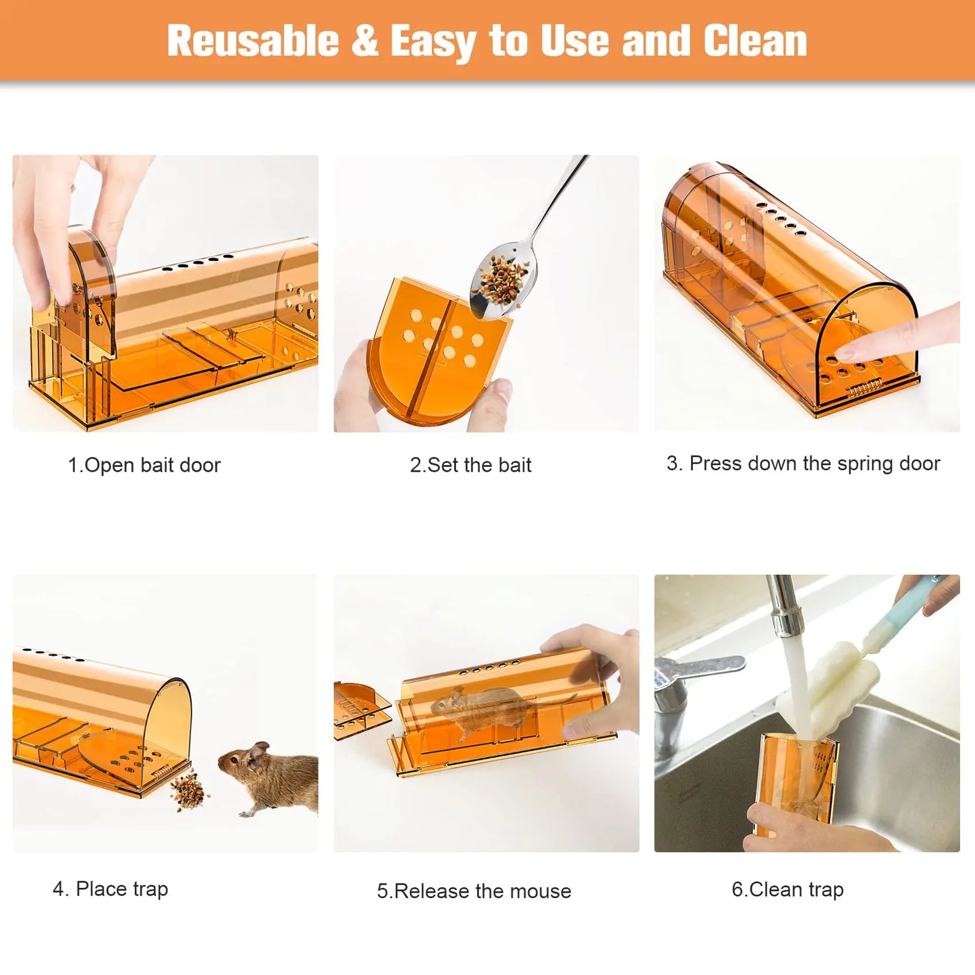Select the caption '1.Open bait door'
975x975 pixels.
click(x=144, y=465)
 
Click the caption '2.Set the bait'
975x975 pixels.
click(x=471, y=465)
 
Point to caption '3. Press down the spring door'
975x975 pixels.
click(x=803, y=464)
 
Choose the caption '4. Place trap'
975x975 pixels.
click(x=111, y=889)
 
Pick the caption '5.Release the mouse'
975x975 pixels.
click(x=474, y=891)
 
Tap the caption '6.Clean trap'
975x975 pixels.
click(x=787, y=889)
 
